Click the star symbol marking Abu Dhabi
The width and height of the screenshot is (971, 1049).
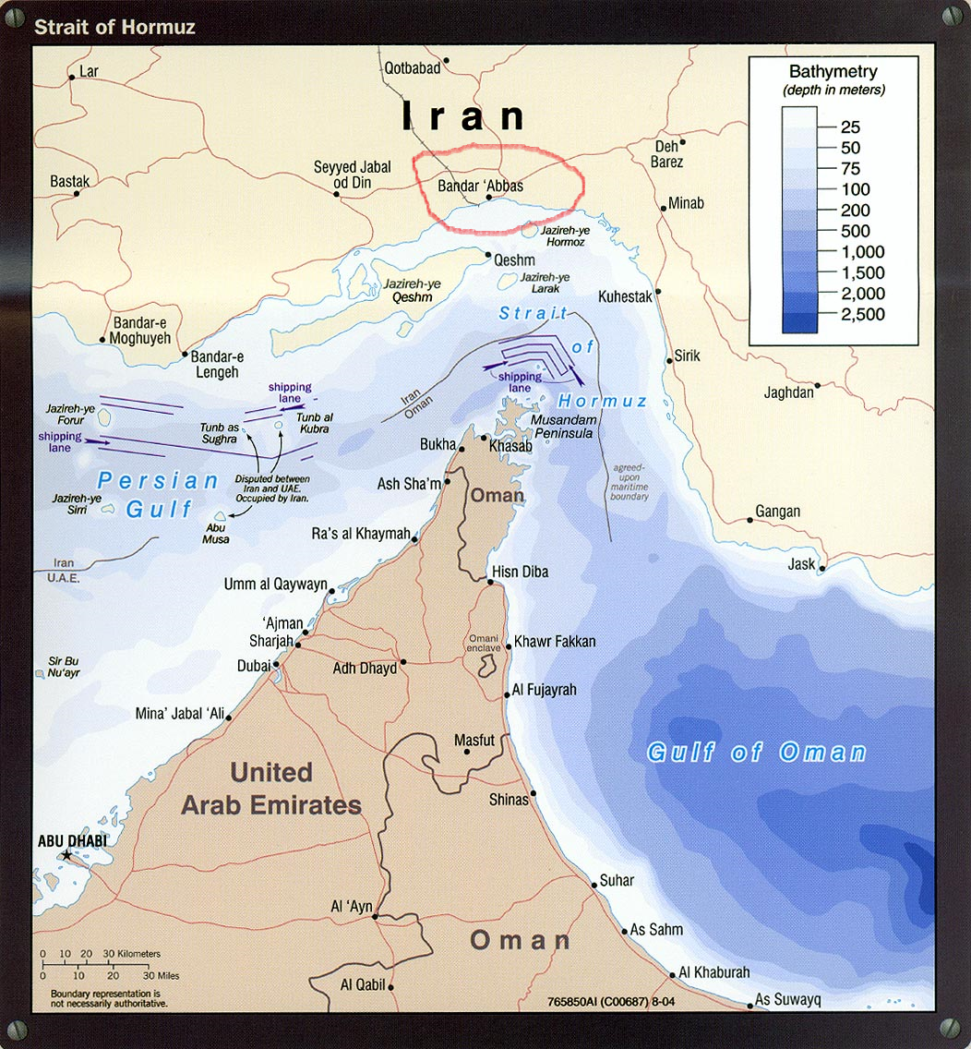66,856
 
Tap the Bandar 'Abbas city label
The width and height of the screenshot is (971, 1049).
480,186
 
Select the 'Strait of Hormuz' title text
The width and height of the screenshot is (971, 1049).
114,27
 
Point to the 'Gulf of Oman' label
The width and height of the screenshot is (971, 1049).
756,752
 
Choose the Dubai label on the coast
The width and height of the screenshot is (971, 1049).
253,665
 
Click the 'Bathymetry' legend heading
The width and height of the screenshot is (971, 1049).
833,71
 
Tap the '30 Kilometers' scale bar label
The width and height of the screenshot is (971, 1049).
130,954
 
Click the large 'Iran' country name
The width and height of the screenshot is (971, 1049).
463,117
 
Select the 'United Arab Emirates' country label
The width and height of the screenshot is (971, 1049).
270,789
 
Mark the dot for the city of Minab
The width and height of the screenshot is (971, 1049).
663,209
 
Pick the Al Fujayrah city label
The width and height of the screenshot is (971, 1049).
544,690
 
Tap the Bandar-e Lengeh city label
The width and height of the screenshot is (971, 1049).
217,365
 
